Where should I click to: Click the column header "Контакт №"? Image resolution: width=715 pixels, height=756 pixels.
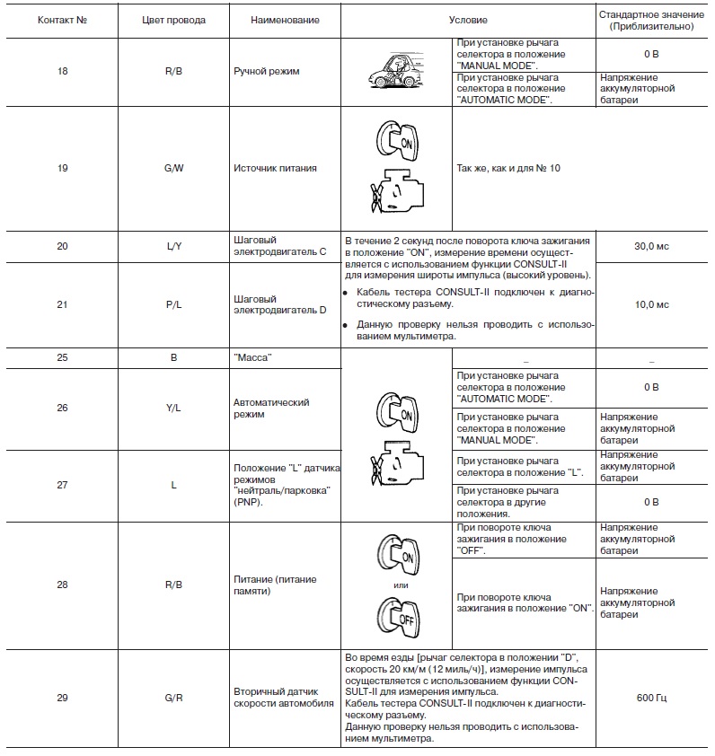click(x=62, y=20)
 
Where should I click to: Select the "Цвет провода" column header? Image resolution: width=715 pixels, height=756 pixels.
click(x=173, y=20)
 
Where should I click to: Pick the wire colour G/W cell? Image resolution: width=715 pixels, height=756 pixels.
click(x=173, y=167)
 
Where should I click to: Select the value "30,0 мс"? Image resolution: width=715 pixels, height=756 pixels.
click(x=651, y=246)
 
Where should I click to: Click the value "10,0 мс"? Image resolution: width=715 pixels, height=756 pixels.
click(x=651, y=304)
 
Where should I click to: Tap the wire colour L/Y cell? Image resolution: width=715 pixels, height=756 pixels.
click(x=173, y=245)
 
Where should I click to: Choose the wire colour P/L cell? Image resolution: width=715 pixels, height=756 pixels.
click(x=173, y=304)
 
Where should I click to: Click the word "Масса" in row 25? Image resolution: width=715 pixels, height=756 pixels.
click(x=253, y=357)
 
